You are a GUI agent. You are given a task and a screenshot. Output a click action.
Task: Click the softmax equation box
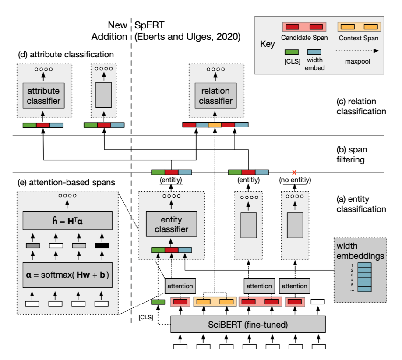pos(67,274)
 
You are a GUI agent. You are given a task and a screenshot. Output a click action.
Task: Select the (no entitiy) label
pos(293,180)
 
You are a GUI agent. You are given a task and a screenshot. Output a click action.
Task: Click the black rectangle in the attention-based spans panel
pos(102,246)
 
